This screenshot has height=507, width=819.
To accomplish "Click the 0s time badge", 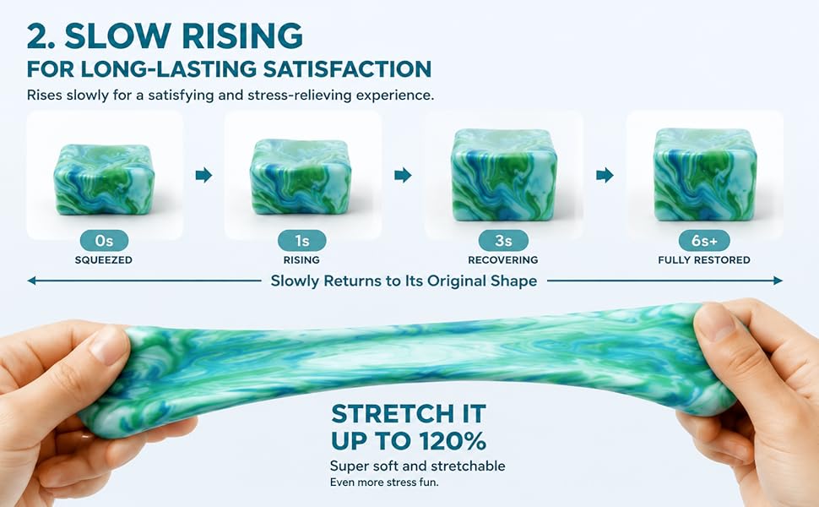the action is tap(104, 241).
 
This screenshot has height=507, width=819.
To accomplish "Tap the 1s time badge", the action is tap(302, 241).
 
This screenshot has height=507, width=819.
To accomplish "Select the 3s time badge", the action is tap(503, 241).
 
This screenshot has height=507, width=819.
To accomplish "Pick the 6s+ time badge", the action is tap(704, 241).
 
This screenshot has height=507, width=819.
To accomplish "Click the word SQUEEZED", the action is tap(103, 259).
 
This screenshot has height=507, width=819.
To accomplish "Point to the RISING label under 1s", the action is tap(301, 259).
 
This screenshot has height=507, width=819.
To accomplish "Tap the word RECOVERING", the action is tap(503, 259).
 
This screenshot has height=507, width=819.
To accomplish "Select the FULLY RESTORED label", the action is tap(704, 259).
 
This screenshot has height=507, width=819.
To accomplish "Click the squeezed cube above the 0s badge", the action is tap(104, 179).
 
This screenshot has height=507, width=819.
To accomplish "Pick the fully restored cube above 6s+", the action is tap(705, 174).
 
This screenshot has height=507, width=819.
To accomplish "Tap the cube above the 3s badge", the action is tap(504, 175).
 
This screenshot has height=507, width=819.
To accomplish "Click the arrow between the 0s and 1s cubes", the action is tap(203, 175).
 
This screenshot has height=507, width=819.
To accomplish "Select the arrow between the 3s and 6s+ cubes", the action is tap(605, 175).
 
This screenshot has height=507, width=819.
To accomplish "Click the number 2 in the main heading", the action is tap(38, 36).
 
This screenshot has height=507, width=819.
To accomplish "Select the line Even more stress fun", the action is tap(384, 482).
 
